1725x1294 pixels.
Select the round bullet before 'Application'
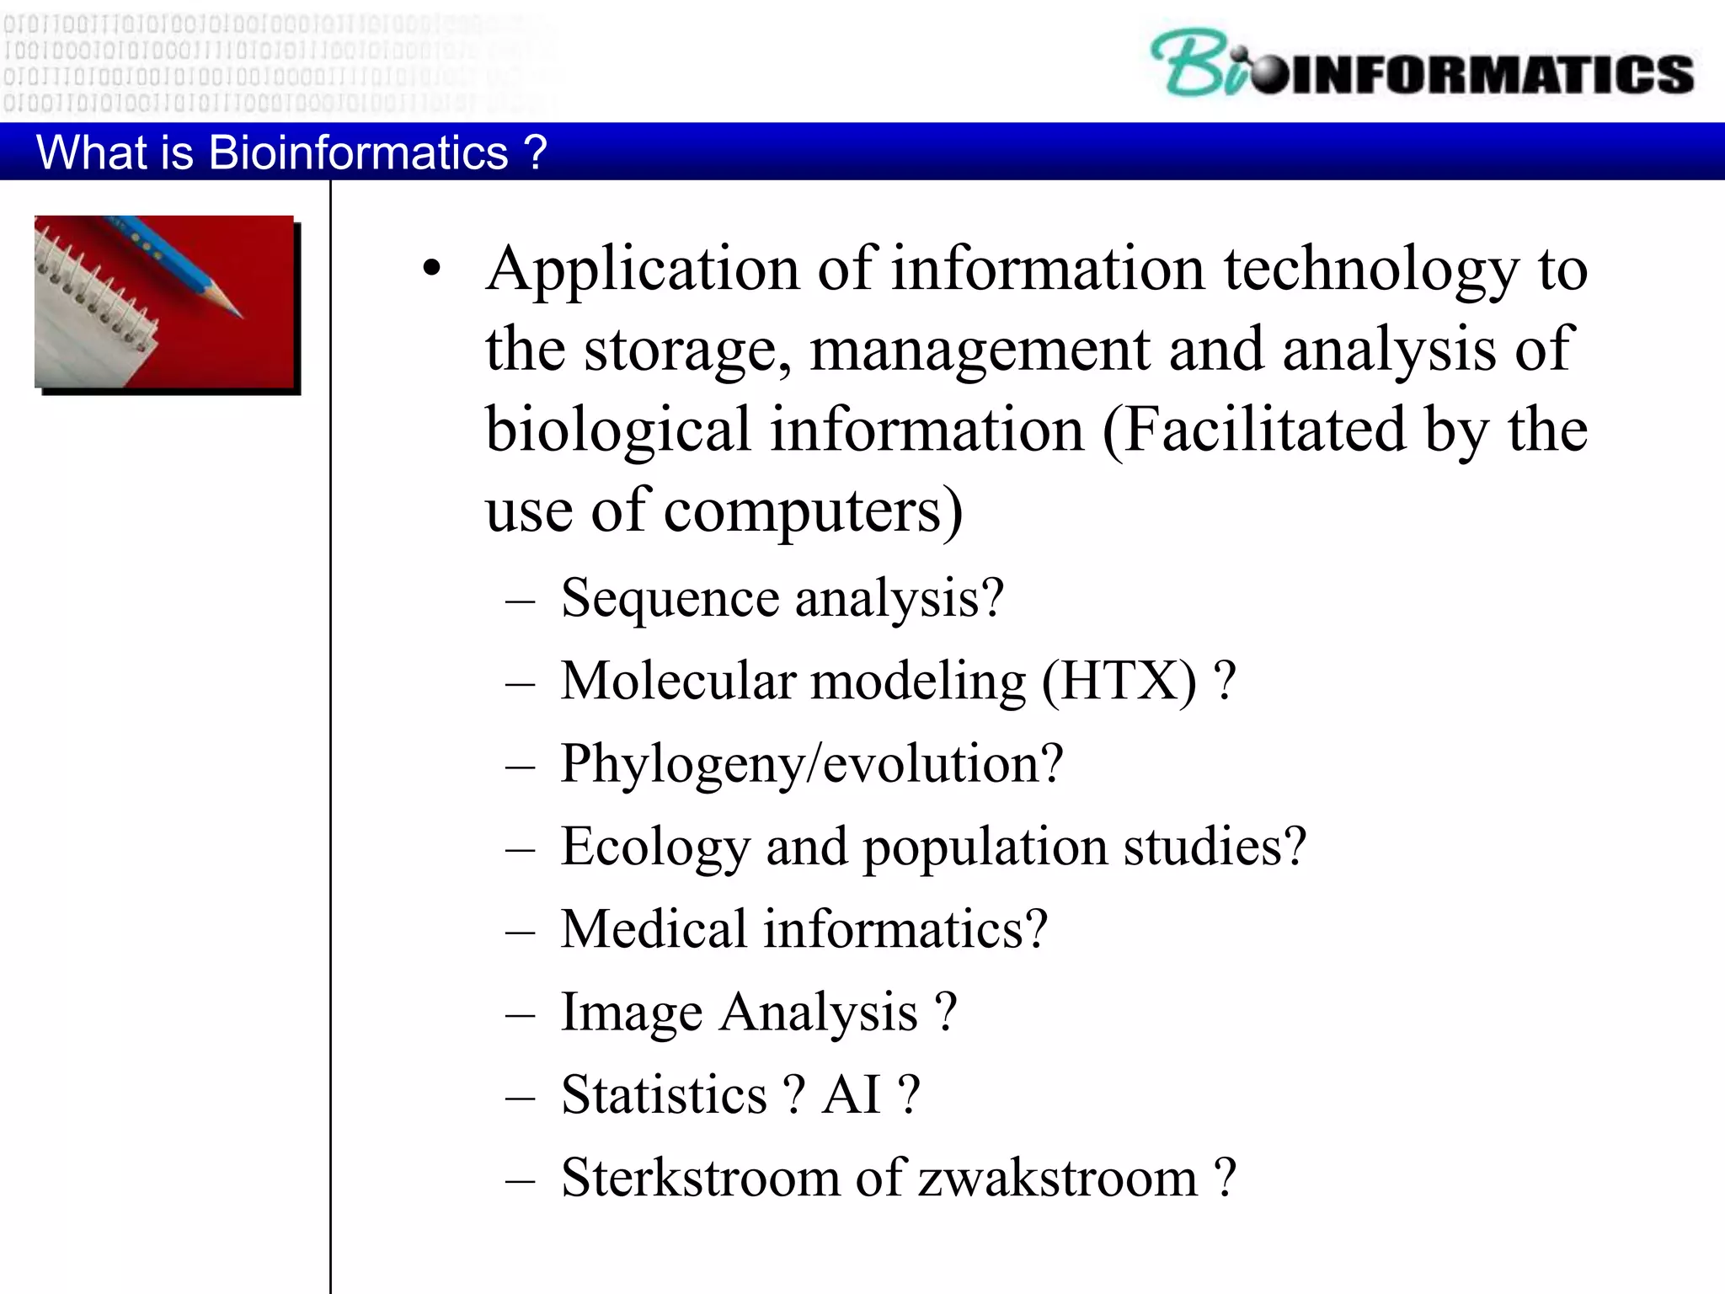pos(432,269)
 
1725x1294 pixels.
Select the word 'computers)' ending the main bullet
pos(813,511)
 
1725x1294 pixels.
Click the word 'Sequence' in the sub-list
pos(670,598)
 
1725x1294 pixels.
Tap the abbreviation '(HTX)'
pos(1119,681)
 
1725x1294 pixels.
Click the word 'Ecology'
pos(655,847)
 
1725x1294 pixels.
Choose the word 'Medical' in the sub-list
pos(654,928)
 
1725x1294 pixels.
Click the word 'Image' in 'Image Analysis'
pos(631,1012)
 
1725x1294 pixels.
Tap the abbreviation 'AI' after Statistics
pos(852,1094)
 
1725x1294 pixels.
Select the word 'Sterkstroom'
pos(700,1177)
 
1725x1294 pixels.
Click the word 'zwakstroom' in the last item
pos(1057,1177)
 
